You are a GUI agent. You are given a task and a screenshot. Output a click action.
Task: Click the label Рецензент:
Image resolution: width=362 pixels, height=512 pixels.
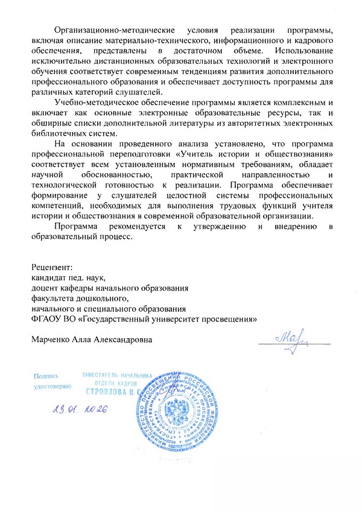[x=52, y=267]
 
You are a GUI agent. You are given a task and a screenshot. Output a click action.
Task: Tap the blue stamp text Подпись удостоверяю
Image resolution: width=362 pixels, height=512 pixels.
[x=52, y=379]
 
